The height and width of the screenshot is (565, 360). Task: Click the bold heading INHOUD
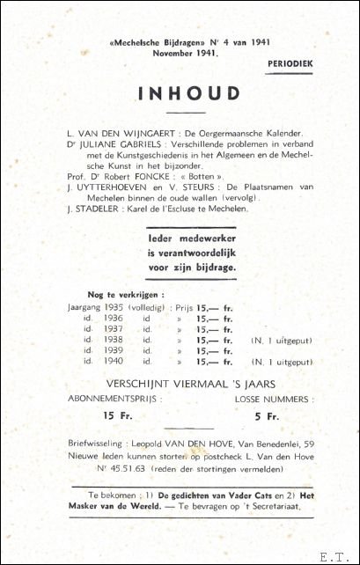pyautogui.click(x=189, y=93)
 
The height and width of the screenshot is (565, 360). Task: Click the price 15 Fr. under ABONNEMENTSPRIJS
pyautogui.click(x=114, y=415)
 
